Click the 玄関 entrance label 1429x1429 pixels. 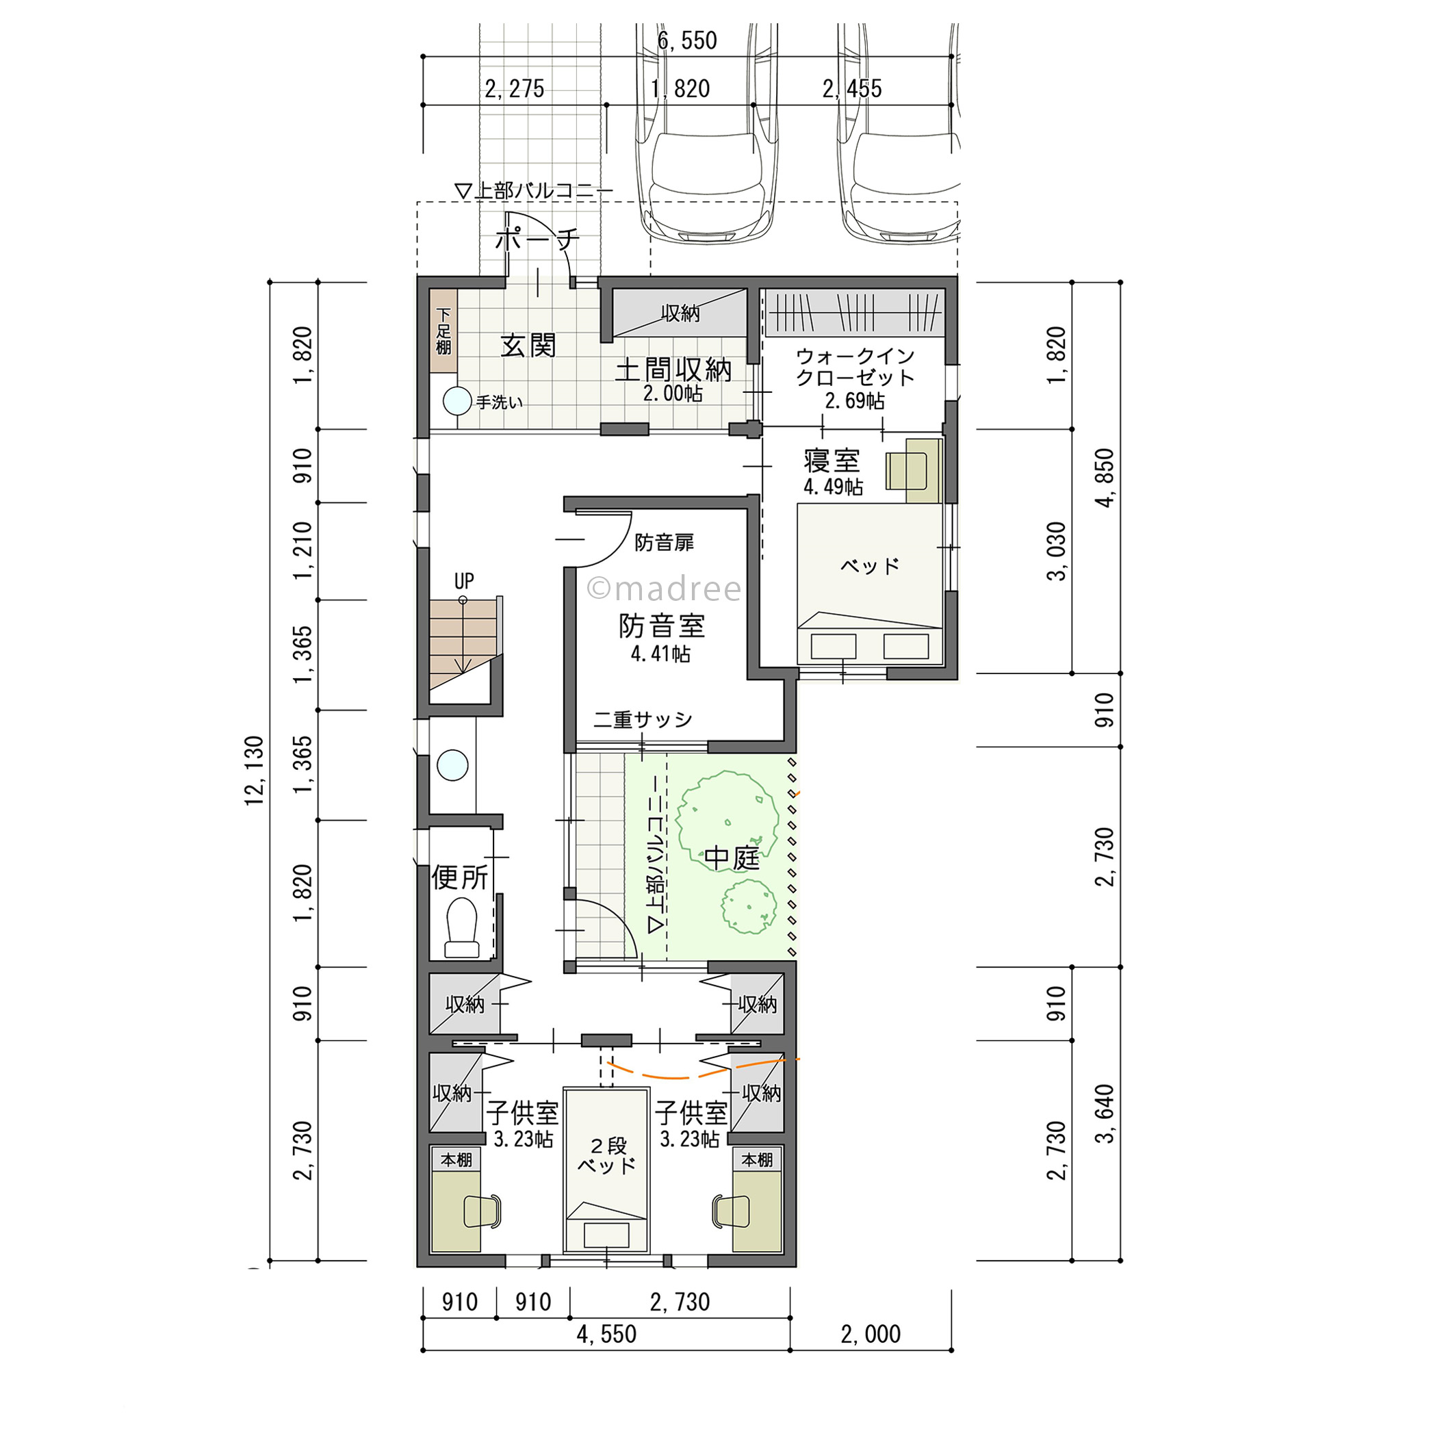click(528, 346)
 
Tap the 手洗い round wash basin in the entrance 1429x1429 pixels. click(457, 401)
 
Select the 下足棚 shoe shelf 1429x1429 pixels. click(443, 331)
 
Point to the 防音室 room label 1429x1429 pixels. click(661, 626)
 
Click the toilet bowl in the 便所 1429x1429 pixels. click(461, 927)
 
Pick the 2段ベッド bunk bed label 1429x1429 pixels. click(607, 1155)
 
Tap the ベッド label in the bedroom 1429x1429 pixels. click(870, 567)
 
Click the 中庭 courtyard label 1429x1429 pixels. click(732, 858)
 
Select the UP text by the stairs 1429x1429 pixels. click(464, 580)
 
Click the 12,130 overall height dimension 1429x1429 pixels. click(255, 771)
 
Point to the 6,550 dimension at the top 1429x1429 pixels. click(687, 40)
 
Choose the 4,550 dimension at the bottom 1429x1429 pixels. click(606, 1335)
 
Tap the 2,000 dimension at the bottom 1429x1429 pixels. click(871, 1335)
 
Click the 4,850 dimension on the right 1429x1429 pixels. click(1105, 478)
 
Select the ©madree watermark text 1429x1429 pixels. click(663, 589)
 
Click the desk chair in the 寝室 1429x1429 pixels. click(907, 470)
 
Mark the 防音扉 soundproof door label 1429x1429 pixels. click(665, 542)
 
